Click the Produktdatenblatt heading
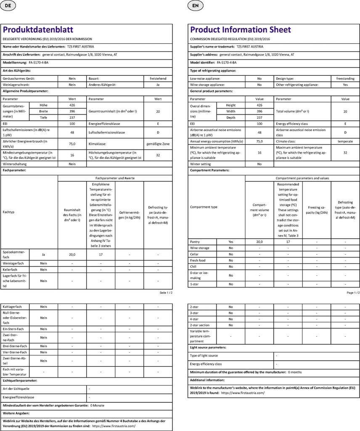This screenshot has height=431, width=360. click(38, 29)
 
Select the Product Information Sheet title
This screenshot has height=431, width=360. click(241, 29)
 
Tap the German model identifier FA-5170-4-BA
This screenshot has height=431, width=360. click(38, 62)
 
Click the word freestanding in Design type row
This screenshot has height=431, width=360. click(345, 79)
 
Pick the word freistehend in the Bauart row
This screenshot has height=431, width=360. click(158, 79)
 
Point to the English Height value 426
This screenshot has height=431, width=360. click(259, 105)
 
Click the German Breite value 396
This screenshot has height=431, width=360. click(72, 112)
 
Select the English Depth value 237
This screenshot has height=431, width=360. click(259, 118)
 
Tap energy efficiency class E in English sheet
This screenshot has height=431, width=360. click(345, 124)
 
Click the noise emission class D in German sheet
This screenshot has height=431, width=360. click(158, 133)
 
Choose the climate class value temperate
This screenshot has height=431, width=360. click(345, 141)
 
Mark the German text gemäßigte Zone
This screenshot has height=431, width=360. click(158, 144)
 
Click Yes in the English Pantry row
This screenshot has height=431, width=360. click(230, 242)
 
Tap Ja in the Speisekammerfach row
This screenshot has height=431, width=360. click(44, 254)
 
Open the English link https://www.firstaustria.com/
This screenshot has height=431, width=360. click(243, 393)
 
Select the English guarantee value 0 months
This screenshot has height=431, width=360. click(295, 372)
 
